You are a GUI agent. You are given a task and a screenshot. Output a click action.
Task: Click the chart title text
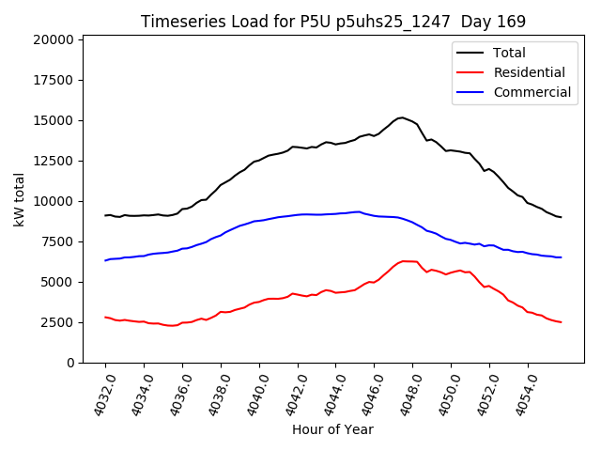pyautogui.click(x=333, y=21)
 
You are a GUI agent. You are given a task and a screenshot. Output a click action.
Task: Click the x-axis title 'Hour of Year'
pyautogui.click(x=331, y=429)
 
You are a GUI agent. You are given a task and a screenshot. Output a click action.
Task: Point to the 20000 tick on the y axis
pyautogui.click(x=53, y=39)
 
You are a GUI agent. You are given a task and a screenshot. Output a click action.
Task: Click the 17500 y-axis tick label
pyautogui.click(x=53, y=80)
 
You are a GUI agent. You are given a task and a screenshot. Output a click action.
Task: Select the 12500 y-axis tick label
pyautogui.click(x=53, y=161)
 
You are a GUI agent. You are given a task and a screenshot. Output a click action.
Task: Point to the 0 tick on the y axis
pyautogui.click(x=71, y=363)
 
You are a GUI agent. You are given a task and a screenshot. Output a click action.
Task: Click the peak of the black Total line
pyautogui.click(x=402, y=117)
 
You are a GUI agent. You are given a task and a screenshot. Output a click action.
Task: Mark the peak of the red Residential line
pyautogui.click(x=405, y=261)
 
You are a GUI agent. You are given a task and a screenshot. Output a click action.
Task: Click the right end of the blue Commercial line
pyautogui.click(x=561, y=257)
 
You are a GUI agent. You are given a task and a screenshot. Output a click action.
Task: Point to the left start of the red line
pyautogui.click(x=105, y=317)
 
